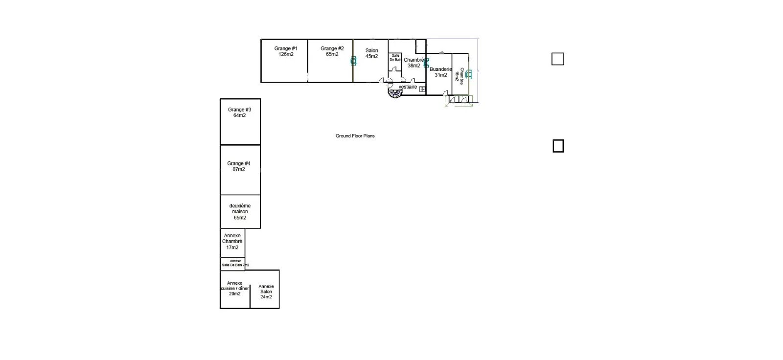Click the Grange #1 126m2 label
(x=286, y=51)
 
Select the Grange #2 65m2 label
(x=332, y=51)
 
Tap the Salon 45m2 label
(x=371, y=53)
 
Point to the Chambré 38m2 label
(x=414, y=63)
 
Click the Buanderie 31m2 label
(x=440, y=72)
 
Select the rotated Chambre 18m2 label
(x=460, y=76)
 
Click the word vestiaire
(x=408, y=87)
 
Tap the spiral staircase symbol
(x=395, y=93)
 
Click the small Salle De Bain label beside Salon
(x=395, y=58)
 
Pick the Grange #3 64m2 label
(x=239, y=112)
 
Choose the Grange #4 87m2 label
(x=239, y=166)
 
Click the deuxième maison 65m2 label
(x=240, y=212)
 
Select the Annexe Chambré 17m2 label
(x=232, y=242)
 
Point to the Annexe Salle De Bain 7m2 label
(x=235, y=263)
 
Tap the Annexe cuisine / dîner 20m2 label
(x=234, y=289)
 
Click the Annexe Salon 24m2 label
(x=266, y=292)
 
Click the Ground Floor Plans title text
(x=355, y=136)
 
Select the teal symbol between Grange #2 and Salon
(x=354, y=61)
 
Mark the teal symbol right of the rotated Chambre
(x=469, y=74)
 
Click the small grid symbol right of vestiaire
(x=422, y=89)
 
